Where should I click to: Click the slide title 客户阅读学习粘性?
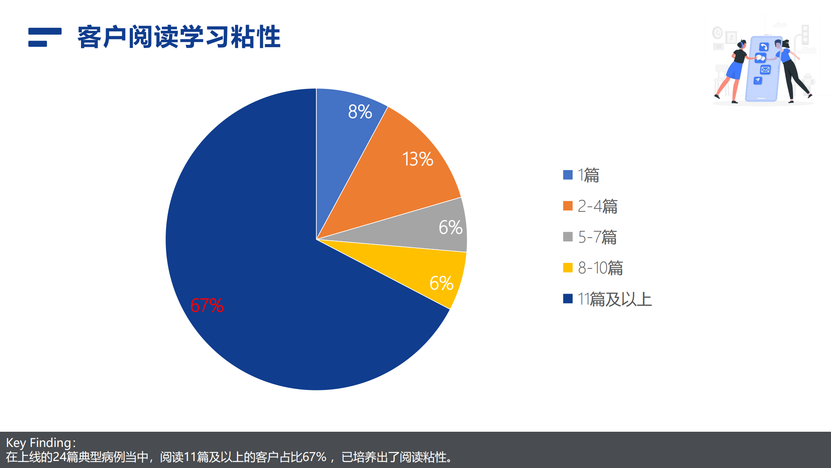[179, 37]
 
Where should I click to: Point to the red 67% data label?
[207, 305]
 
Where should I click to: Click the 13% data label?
[418, 159]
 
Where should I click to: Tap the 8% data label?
[360, 112]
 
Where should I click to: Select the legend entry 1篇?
[588, 175]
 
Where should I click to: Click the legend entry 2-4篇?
[598, 206]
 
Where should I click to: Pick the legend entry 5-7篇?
[597, 237]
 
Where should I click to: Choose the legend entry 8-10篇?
[600, 268]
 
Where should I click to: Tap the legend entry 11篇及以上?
[614, 299]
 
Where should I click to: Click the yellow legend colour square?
[568, 268]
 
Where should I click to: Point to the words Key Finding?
[39, 443]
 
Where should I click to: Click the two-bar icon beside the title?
[45, 37]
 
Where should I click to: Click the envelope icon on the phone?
[765, 70]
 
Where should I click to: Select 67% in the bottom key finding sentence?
[314, 457]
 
